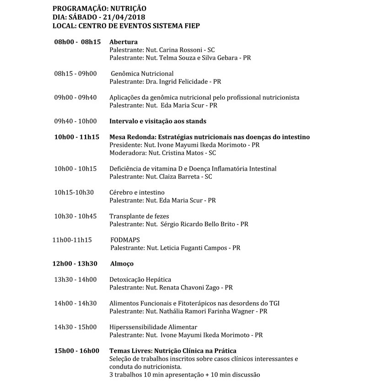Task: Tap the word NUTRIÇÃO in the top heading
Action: point(127,8)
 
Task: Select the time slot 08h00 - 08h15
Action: point(77,42)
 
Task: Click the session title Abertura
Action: point(124,42)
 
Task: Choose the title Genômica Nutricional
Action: point(142,74)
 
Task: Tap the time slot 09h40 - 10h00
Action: point(75,121)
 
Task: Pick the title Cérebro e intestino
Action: point(137,192)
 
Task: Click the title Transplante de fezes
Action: point(139,216)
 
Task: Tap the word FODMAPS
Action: point(125,240)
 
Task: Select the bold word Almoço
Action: point(122,264)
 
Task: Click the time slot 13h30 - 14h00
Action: point(75,279)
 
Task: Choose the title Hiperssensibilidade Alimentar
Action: point(153,327)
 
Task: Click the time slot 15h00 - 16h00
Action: point(76,351)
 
